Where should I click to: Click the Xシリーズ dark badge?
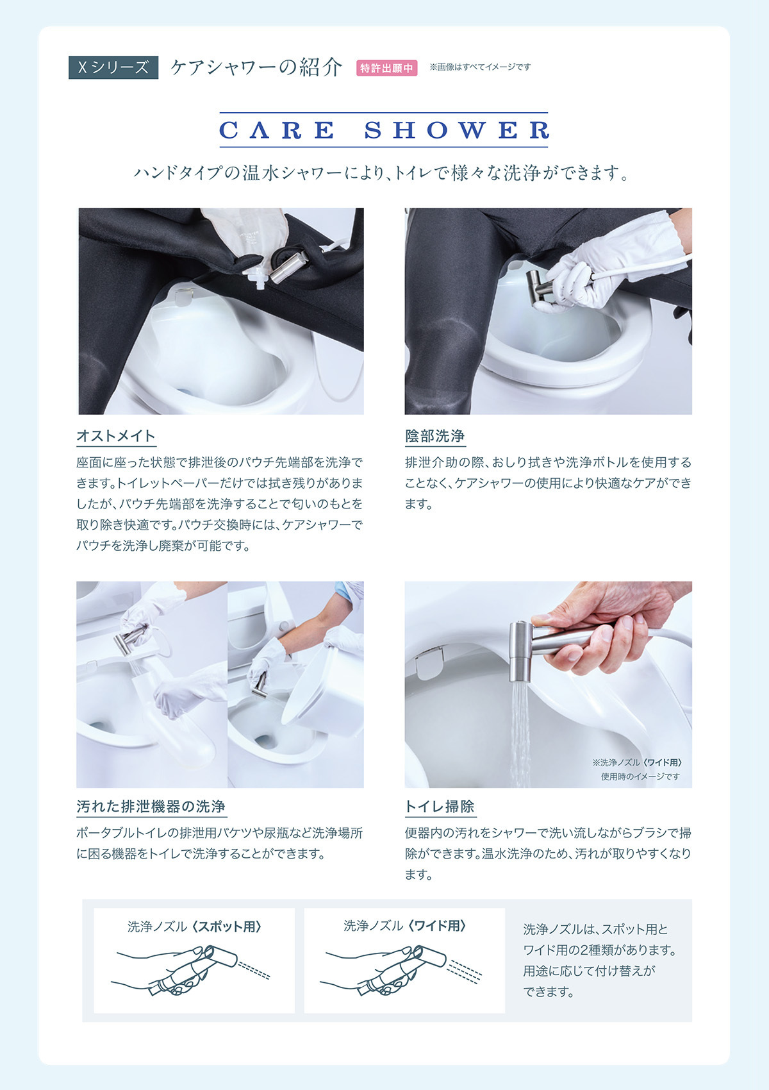pyautogui.click(x=113, y=67)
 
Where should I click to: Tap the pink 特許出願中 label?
pyautogui.click(x=386, y=68)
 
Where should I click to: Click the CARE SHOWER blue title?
pyautogui.click(x=384, y=130)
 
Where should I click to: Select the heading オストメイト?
pyautogui.click(x=116, y=436)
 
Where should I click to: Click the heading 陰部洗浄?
pyautogui.click(x=434, y=436)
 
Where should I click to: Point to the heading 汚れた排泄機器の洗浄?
pyautogui.click(x=151, y=807)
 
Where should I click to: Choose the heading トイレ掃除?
pyautogui.click(x=440, y=807)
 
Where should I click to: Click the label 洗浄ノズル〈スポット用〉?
pyautogui.click(x=194, y=927)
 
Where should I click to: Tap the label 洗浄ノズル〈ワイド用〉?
pyautogui.click(x=404, y=926)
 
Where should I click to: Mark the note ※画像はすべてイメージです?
pyautogui.click(x=480, y=67)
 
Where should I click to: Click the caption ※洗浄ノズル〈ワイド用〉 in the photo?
pyautogui.click(x=638, y=762)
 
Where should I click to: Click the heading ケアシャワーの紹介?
pyautogui.click(x=256, y=67)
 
